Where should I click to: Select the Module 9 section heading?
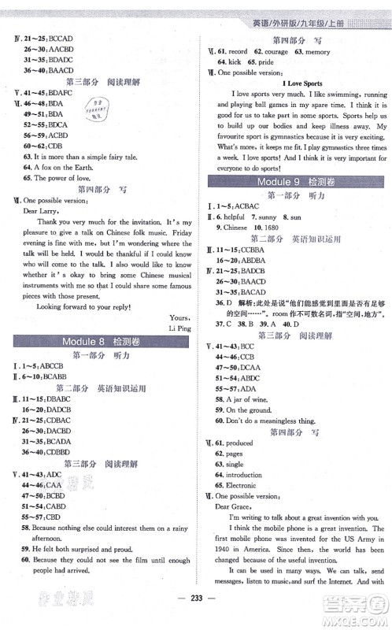[x=297, y=181]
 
